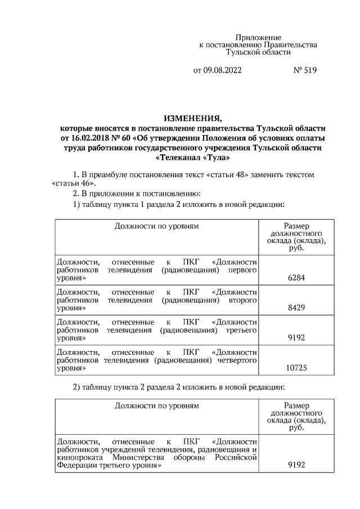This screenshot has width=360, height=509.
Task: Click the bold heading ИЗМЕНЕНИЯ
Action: pyautogui.click(x=193, y=118)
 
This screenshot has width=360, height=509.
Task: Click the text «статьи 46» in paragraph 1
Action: pyautogui.click(x=72, y=183)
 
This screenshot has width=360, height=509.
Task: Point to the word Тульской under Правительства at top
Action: pyautogui.click(x=246, y=52)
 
